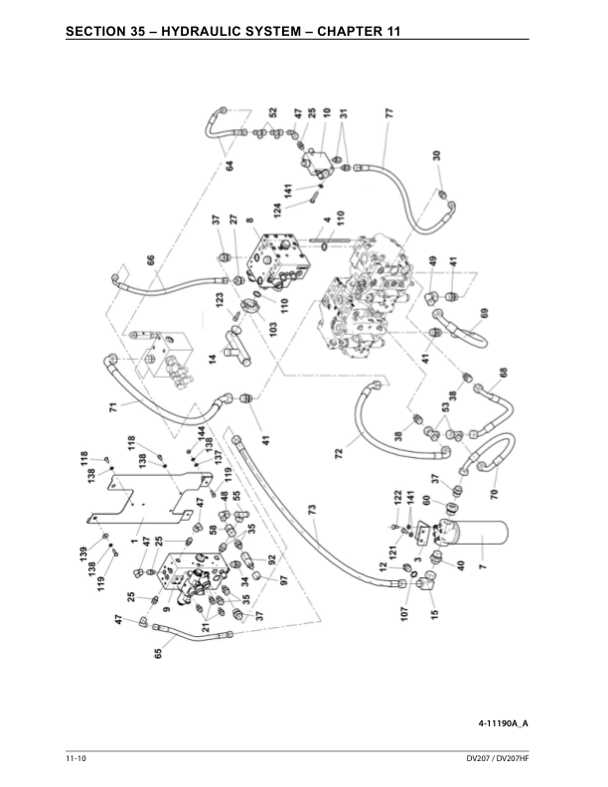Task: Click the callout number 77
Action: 388,113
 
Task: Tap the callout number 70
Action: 493,491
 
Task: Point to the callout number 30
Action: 436,156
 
